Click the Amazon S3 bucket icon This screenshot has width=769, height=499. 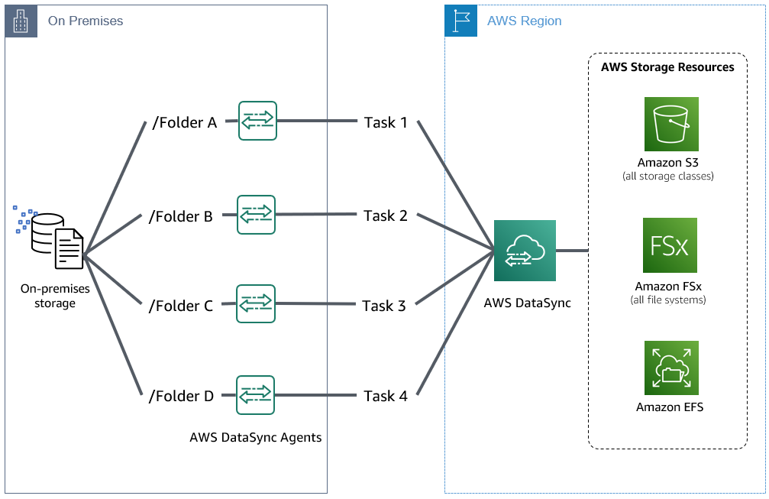(670, 124)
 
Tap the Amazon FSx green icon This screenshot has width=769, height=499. (670, 245)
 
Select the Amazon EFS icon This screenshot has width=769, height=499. (670, 368)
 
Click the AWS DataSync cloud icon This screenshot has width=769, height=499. (525, 250)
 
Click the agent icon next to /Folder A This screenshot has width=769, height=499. (257, 121)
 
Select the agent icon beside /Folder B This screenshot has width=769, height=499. (256, 215)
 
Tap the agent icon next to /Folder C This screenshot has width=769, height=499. (256, 304)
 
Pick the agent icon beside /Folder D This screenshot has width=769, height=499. (256, 394)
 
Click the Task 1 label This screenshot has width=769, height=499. (386, 122)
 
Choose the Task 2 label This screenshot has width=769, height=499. (386, 215)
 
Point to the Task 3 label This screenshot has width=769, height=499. (384, 306)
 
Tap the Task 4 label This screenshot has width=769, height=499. (386, 396)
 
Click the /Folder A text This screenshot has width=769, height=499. (185, 122)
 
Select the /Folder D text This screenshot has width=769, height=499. (181, 396)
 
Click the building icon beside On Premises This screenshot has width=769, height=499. (21, 21)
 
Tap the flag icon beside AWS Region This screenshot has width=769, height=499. (460, 21)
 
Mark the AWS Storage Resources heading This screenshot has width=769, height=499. (667, 67)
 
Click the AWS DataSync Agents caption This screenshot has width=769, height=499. (256, 438)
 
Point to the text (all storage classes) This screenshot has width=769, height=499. (668, 177)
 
